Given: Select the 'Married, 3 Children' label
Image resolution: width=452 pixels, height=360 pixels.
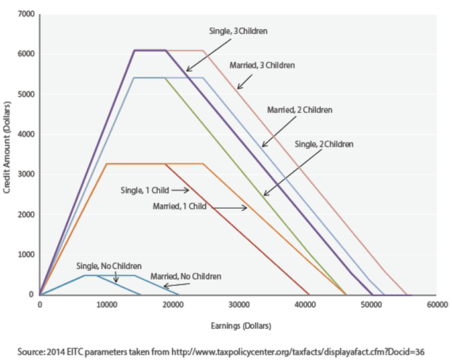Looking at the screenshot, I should click(x=262, y=66).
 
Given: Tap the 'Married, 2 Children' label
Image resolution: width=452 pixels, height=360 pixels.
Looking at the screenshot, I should click(x=299, y=109).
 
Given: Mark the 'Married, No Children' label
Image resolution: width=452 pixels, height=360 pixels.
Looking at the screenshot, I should click(x=186, y=275).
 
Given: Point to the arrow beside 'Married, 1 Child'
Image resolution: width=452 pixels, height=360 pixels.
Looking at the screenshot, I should click(x=229, y=208).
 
